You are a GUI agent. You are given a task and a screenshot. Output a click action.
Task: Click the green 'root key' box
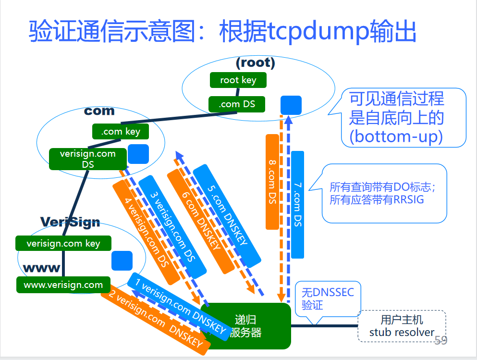[238, 80]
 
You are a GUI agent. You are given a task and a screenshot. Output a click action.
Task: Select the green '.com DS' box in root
[236, 104]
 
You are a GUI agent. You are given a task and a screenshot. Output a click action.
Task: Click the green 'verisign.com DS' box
[88, 159]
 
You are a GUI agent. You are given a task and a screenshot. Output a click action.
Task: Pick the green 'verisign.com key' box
[63, 243]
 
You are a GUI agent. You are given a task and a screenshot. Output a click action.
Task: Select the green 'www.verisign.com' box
[63, 285]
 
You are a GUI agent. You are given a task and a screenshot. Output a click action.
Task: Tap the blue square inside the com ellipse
[138, 154]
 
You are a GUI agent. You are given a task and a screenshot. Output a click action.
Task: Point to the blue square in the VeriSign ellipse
[122, 261]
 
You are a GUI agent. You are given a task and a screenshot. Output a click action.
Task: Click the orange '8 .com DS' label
[272, 181]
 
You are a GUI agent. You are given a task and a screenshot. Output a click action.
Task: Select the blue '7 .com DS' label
[297, 204]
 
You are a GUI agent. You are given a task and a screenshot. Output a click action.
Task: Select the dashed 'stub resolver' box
[402, 326]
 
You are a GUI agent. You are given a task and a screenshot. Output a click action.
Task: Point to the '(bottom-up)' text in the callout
[396, 137]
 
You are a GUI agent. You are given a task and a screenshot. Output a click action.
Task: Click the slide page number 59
[440, 341]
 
